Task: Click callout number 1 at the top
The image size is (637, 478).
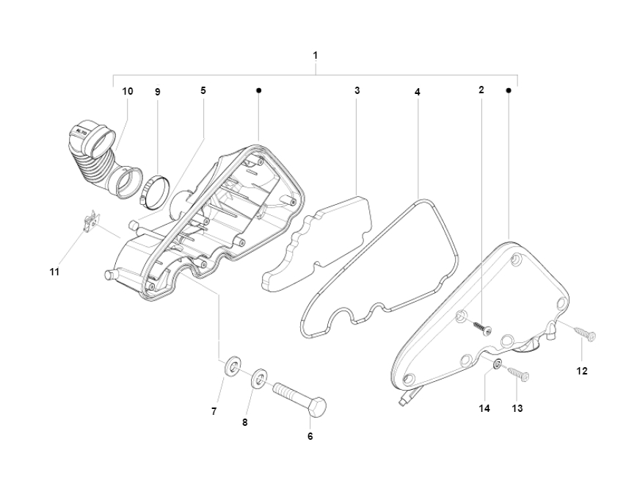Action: [316, 55]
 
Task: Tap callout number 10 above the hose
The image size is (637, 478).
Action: [128, 91]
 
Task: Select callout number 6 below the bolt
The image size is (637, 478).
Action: [310, 436]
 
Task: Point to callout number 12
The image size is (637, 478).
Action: [582, 371]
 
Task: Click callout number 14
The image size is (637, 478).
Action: [484, 408]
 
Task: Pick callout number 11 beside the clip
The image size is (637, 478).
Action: [54, 272]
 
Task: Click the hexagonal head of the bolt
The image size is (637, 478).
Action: [318, 407]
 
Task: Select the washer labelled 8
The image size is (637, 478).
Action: [258, 377]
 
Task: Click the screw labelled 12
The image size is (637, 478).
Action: [584, 332]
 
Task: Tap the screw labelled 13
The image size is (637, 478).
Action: [517, 372]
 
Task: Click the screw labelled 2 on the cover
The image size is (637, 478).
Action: [482, 328]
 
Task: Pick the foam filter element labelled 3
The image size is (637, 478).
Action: [316, 244]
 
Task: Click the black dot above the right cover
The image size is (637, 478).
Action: [509, 90]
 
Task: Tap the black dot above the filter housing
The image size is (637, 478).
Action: [259, 90]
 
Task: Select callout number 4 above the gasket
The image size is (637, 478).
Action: [418, 93]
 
